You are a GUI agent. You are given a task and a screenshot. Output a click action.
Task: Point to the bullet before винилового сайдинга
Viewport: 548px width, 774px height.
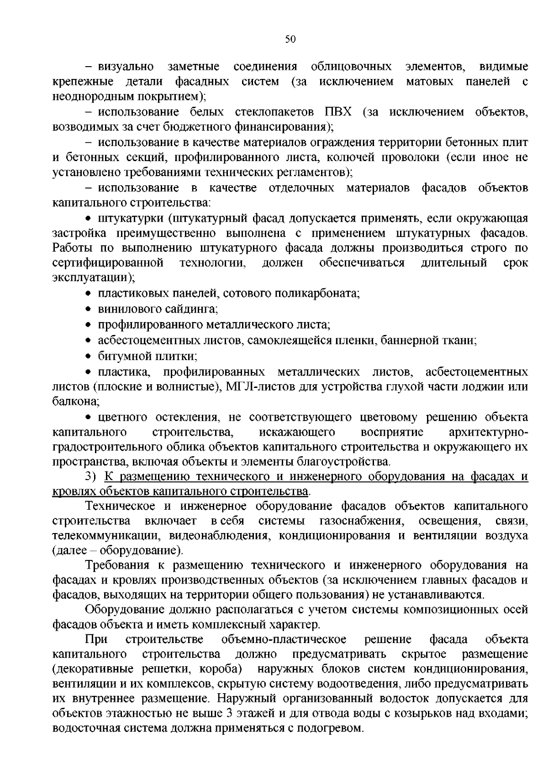coord(90,310)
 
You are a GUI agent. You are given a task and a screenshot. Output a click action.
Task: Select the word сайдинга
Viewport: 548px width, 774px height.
coord(192,309)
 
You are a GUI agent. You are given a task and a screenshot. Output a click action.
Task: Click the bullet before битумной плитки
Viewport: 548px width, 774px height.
coord(90,356)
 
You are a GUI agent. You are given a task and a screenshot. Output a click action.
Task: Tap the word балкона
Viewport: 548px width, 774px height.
coord(75,402)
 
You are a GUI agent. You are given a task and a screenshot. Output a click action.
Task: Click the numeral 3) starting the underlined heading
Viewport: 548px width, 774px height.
coord(91,476)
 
